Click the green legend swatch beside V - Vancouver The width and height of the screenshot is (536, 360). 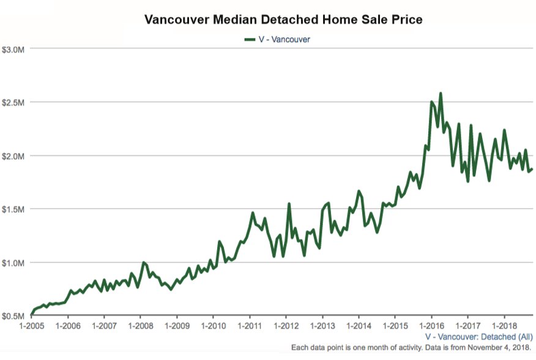(249, 39)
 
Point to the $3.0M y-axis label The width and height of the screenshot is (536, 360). (13, 48)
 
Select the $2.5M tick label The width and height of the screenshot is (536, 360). (13, 102)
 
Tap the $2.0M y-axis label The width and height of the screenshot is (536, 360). (13, 156)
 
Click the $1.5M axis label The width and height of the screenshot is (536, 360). (13, 209)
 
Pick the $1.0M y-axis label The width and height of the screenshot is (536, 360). (13, 263)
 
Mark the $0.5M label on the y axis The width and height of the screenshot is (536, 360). (13, 316)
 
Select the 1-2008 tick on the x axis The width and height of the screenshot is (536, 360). (140, 326)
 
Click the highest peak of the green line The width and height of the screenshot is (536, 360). (441, 94)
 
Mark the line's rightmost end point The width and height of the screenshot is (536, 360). (532, 169)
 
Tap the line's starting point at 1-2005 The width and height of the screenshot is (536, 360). (31, 315)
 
